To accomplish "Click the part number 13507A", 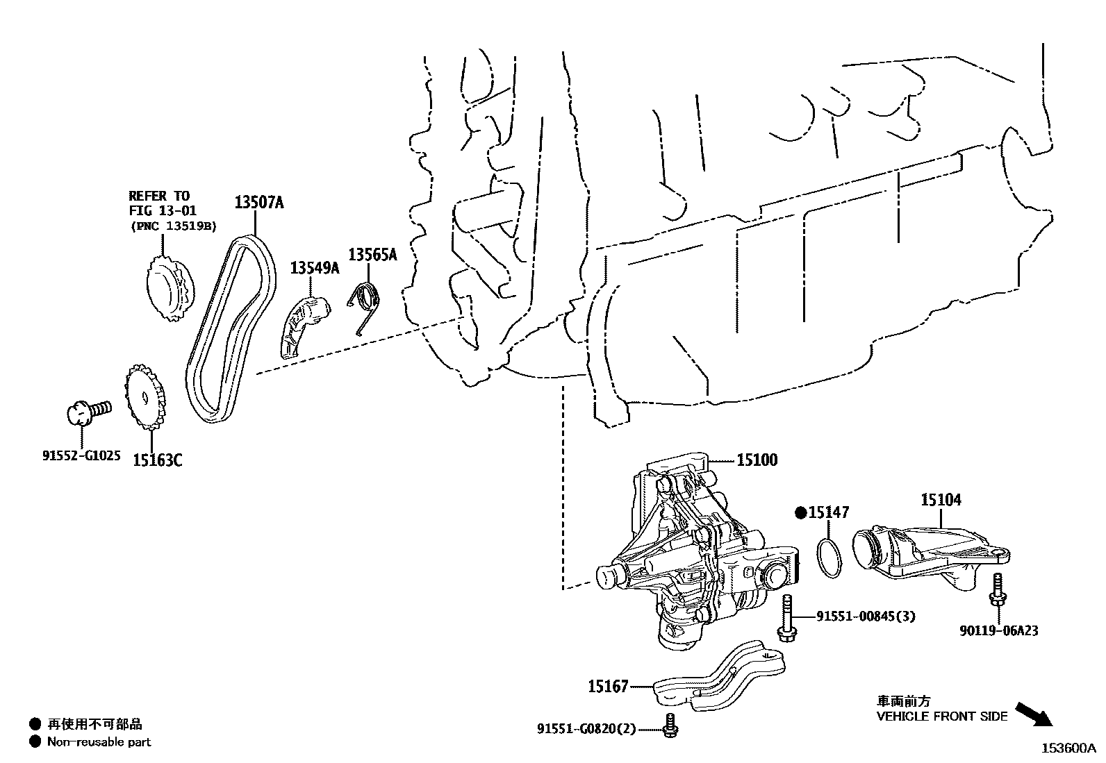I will pyautogui.click(x=258, y=203).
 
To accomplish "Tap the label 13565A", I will pyautogui.click(x=372, y=255).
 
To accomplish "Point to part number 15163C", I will pyautogui.click(x=158, y=460).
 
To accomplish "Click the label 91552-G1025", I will pyautogui.click(x=81, y=456).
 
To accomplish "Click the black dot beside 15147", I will pyautogui.click(x=800, y=513).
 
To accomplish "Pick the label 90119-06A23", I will pyautogui.click(x=999, y=630).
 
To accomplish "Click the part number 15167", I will pyautogui.click(x=608, y=687).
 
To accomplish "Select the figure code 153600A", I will pyautogui.click(x=1067, y=748).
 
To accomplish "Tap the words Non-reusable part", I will pyautogui.click(x=99, y=741).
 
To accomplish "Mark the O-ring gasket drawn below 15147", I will pyautogui.click(x=827, y=557).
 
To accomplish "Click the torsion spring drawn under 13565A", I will pyautogui.click(x=365, y=305).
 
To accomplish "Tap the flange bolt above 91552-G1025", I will pyautogui.click(x=88, y=410).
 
